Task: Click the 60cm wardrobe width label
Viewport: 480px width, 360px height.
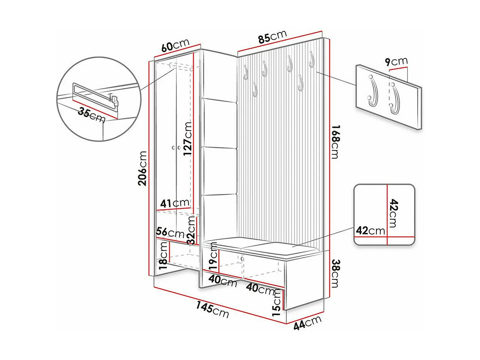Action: [175, 45]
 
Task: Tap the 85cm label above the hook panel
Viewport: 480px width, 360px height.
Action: [272, 36]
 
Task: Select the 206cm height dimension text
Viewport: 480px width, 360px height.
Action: [142, 168]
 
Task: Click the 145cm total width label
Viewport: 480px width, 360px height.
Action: [212, 309]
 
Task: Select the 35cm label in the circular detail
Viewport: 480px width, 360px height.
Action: [91, 115]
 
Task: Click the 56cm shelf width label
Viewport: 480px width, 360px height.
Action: [170, 233]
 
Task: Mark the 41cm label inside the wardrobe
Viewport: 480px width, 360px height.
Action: [175, 203]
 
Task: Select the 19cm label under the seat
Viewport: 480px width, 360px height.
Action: [213, 256]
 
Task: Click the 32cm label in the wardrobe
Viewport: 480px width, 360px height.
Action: [192, 231]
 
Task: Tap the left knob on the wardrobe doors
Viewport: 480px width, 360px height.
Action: [173, 148]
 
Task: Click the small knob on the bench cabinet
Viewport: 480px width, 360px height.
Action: [242, 259]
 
